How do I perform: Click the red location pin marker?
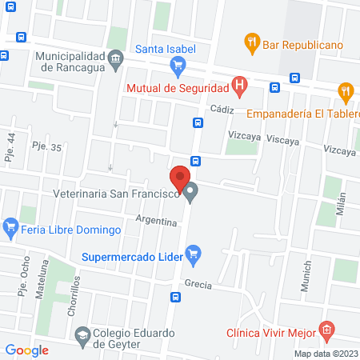click(180, 178)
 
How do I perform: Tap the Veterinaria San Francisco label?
click(115, 193)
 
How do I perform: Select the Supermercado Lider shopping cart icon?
click(192, 255)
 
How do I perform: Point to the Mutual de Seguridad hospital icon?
click(238, 85)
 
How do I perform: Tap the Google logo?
click(27, 350)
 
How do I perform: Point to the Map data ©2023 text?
click(326, 354)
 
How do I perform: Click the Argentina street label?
click(156, 219)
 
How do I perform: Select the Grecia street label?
click(198, 285)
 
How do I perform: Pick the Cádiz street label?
click(221, 108)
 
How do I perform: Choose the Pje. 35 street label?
click(45, 146)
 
